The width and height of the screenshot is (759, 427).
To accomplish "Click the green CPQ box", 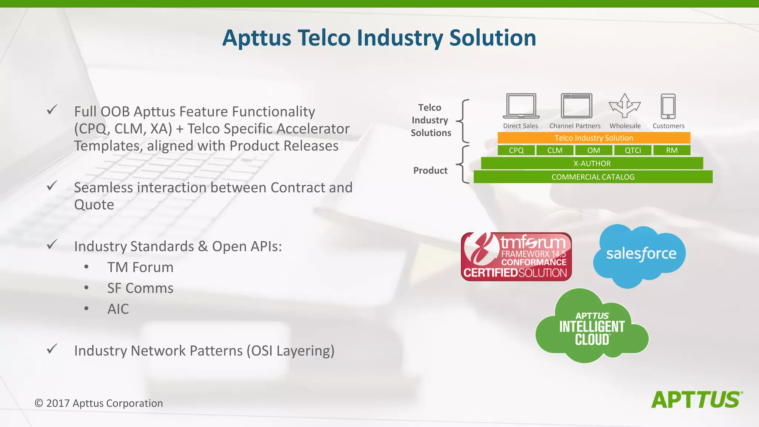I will (516, 150).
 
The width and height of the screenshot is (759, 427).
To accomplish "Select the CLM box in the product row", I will (555, 150).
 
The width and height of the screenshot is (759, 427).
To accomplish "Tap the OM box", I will (593, 150).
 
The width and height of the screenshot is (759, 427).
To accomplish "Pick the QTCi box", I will (633, 150).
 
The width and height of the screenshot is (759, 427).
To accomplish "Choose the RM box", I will (672, 150).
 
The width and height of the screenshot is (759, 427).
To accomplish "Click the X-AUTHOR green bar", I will (592, 163).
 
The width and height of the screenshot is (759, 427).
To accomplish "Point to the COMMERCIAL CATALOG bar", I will (593, 177).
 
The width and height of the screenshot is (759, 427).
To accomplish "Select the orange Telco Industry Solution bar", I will (594, 138).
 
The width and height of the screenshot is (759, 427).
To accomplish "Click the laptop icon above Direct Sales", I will (521, 106).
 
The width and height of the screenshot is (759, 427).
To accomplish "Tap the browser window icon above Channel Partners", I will (576, 106).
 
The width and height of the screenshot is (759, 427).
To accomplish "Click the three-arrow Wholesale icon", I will (625, 106).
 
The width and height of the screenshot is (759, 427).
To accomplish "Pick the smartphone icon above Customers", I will (668, 106).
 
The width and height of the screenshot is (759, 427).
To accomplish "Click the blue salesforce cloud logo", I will (640, 255).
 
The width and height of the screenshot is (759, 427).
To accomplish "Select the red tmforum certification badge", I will (516, 256).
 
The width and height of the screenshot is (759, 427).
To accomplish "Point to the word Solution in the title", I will (493, 38).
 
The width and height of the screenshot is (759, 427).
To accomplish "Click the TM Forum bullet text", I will (140, 267).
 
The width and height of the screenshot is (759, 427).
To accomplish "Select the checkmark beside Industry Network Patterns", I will (52, 349).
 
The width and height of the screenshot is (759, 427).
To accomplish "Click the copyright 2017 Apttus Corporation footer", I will (99, 403).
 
